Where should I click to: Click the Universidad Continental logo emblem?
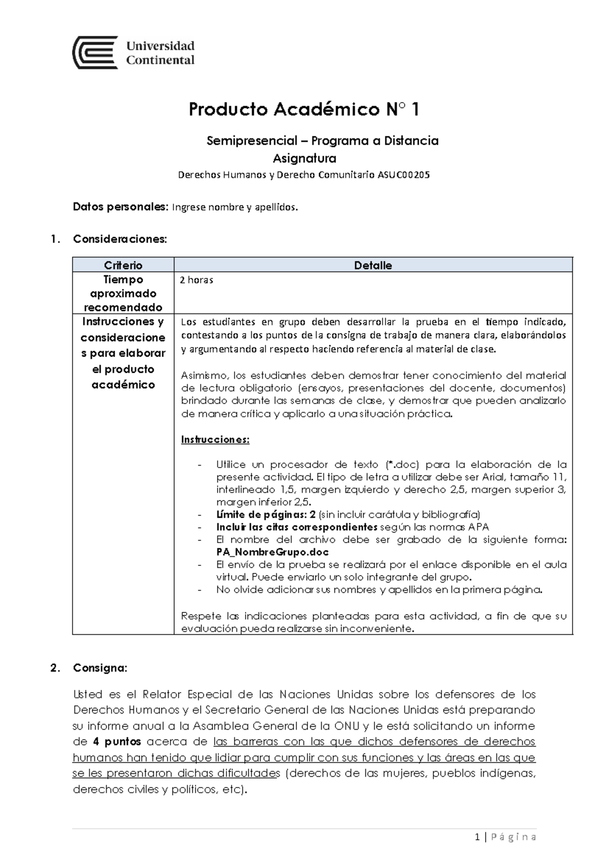[95, 52]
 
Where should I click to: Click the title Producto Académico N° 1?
[304, 110]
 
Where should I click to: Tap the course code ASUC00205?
[403, 175]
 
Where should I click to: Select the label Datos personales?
[120, 207]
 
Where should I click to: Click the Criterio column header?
[123, 265]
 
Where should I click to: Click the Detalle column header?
[373, 265]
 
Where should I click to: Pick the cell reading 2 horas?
[197, 280]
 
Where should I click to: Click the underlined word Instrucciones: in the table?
[215, 440]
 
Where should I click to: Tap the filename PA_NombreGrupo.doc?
[273, 552]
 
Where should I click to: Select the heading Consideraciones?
[120, 239]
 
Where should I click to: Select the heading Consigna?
[100, 668]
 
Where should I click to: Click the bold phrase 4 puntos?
[117, 742]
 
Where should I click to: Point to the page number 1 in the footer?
[477, 837]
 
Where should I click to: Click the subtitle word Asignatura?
[304, 159]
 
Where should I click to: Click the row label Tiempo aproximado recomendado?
[123, 293]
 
